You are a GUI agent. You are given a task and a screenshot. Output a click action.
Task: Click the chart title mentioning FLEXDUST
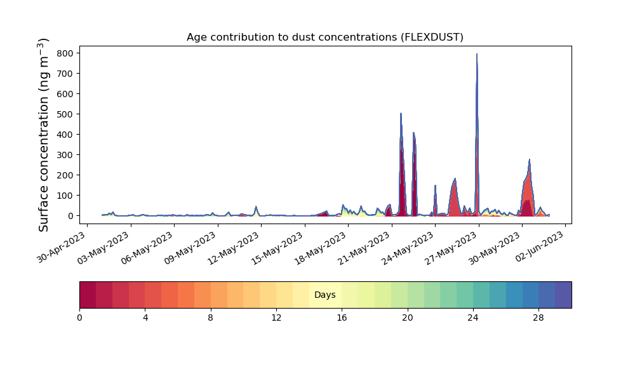(324, 37)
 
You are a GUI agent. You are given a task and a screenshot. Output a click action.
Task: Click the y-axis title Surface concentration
(44, 135)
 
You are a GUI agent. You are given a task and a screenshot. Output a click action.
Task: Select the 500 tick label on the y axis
(65, 114)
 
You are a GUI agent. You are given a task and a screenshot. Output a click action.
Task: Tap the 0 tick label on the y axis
(71, 216)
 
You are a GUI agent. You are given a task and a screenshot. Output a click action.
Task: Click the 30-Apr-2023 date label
(62, 248)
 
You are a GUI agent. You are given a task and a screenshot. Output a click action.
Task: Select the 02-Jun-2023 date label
(540, 246)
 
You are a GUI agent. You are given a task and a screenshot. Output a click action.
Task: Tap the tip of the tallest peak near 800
(477, 54)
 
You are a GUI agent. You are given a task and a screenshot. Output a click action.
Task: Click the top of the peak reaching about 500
(401, 114)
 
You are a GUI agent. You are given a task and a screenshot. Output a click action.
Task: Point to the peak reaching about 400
(413, 133)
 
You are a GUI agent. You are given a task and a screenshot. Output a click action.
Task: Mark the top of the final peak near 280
(530, 159)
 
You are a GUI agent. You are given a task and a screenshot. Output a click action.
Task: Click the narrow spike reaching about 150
(436, 185)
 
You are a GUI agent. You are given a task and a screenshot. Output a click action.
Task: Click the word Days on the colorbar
(324, 295)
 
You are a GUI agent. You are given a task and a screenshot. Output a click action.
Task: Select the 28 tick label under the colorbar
(538, 318)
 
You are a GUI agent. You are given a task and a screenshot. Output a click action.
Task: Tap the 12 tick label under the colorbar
(276, 318)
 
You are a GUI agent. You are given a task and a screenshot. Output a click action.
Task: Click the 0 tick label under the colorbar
(79, 318)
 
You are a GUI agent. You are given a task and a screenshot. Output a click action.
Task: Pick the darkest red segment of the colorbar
(88, 295)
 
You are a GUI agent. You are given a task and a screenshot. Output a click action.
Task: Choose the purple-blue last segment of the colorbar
(563, 295)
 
